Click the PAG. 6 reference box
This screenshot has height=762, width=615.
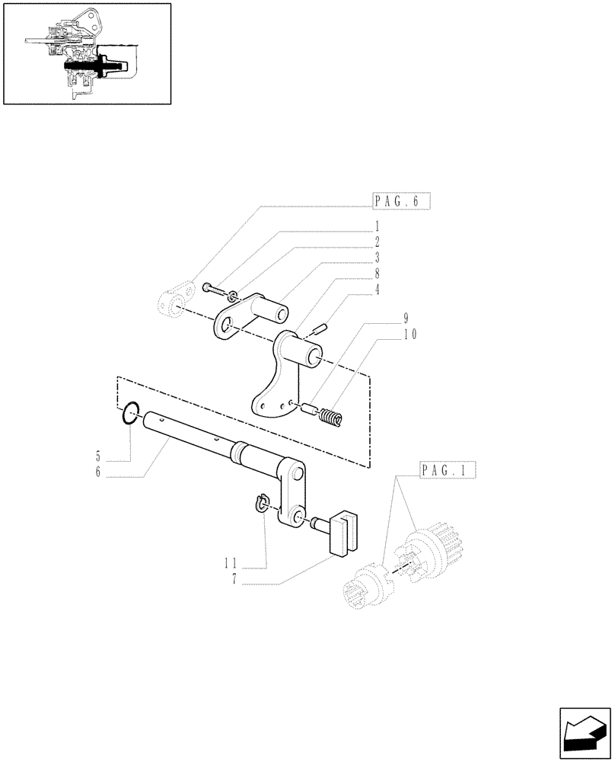[x=402, y=201]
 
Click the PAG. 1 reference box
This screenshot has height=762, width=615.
[x=447, y=470]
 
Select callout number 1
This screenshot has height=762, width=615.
[x=376, y=227]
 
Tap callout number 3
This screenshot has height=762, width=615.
[x=376, y=258]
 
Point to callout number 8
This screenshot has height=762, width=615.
[x=376, y=274]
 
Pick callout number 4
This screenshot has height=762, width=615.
[x=376, y=290]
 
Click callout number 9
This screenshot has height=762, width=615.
[x=406, y=319]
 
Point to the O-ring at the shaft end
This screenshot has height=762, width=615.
[x=131, y=415]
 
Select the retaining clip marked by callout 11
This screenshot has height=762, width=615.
[x=261, y=504]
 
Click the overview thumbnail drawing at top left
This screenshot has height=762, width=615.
[x=86, y=53]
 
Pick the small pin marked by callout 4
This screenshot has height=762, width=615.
[x=320, y=329]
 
